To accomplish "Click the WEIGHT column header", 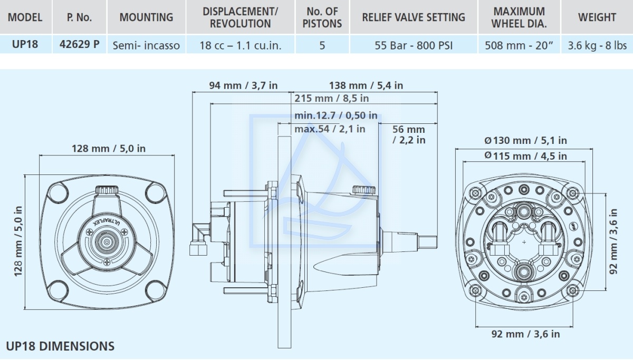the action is pos(597,17).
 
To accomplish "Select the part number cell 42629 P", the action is pos(80,44).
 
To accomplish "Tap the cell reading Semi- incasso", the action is pos(146,45).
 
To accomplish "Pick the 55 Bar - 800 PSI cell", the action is pos(414,45).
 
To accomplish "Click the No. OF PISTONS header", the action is pos(322,17).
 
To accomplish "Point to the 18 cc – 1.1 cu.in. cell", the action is pos(241,45).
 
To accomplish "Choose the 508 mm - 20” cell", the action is pos(519,45).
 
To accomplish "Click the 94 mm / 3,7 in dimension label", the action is pos(243,85).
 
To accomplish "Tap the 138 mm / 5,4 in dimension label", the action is pos(366,85).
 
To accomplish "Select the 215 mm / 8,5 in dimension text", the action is pos(331,98).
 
